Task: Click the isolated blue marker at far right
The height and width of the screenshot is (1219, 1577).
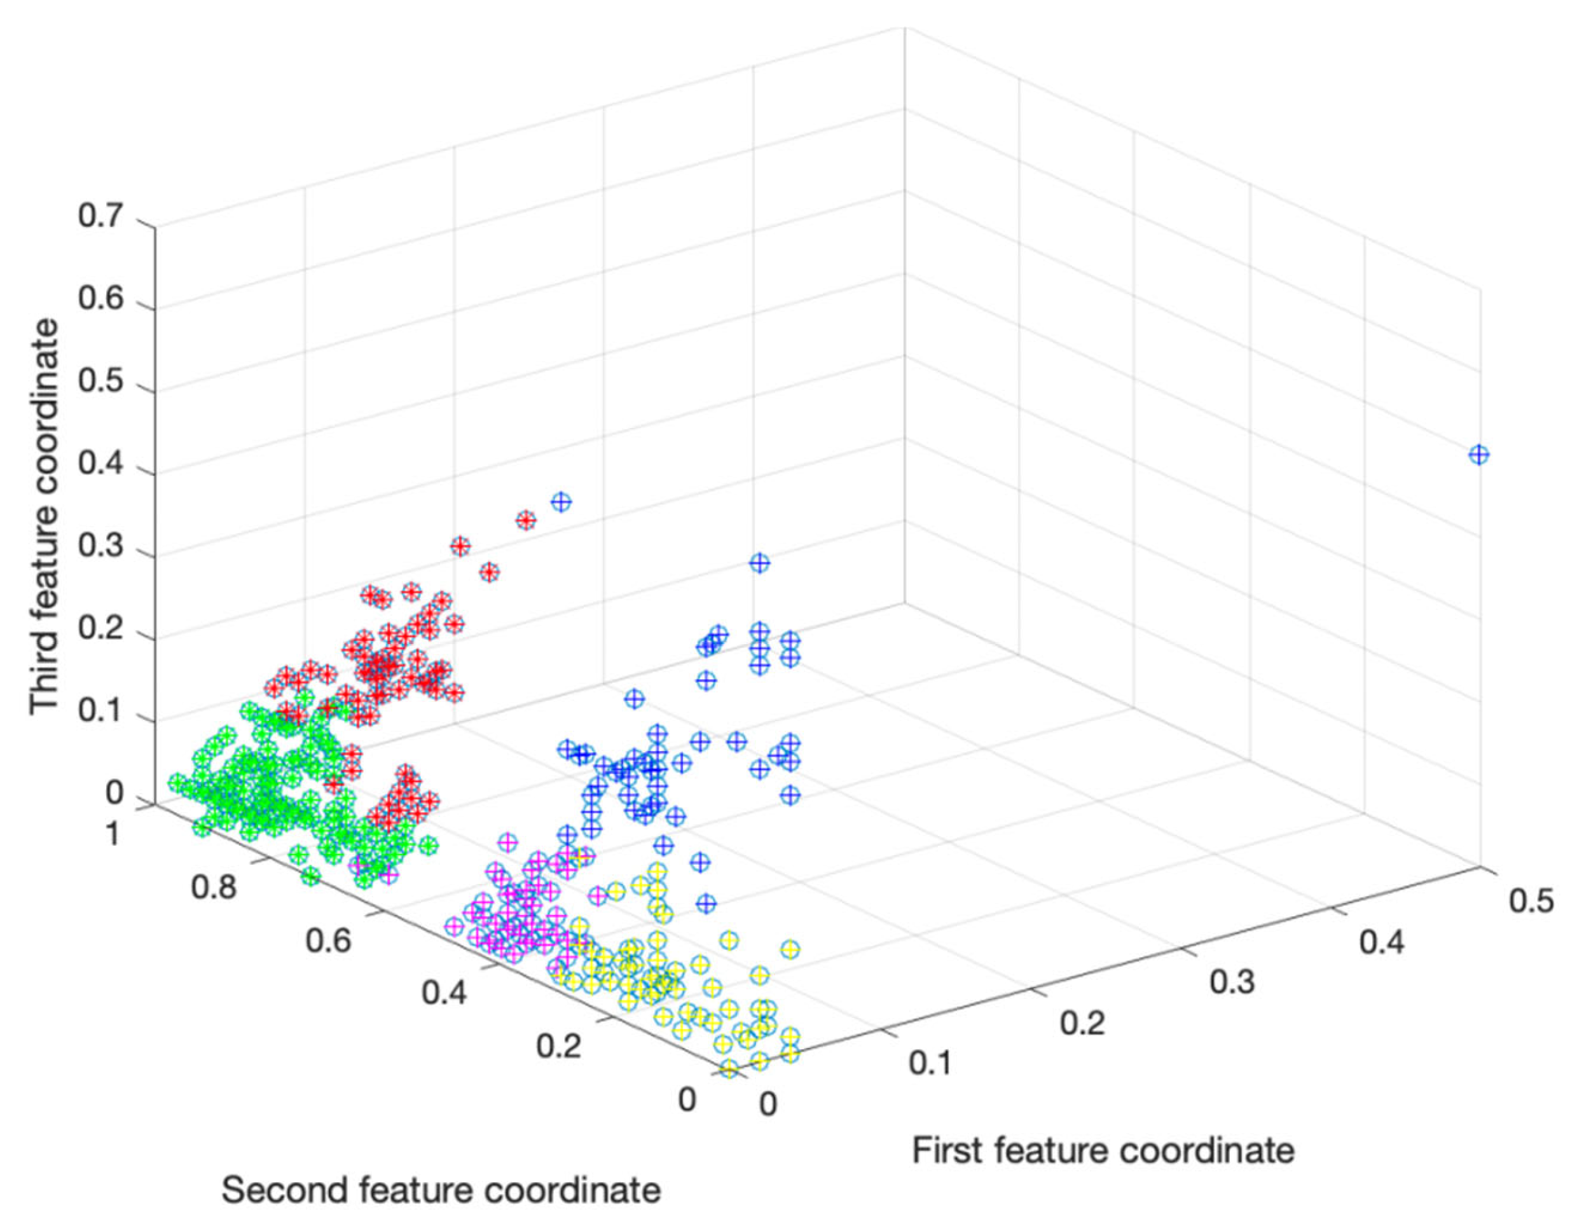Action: [1479, 455]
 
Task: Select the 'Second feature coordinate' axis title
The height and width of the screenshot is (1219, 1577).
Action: [441, 1189]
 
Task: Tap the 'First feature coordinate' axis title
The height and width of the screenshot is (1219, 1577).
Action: [1103, 1150]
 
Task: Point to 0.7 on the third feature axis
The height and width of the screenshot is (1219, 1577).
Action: [100, 217]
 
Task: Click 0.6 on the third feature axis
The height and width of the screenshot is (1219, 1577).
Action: [100, 299]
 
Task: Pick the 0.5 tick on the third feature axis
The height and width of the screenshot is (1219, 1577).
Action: [100, 382]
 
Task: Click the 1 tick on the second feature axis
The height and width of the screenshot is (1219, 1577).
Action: [112, 834]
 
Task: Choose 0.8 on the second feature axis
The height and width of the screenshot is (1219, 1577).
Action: [214, 887]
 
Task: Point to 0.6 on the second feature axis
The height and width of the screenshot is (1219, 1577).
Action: [329, 940]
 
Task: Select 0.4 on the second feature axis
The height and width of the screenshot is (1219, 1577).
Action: [444, 993]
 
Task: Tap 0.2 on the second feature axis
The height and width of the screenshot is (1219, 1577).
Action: [559, 1045]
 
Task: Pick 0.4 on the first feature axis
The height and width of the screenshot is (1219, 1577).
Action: [1381, 942]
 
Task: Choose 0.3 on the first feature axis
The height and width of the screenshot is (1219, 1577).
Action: [1232, 982]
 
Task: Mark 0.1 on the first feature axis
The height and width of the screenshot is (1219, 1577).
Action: [932, 1063]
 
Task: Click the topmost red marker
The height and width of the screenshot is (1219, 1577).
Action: [526, 520]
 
